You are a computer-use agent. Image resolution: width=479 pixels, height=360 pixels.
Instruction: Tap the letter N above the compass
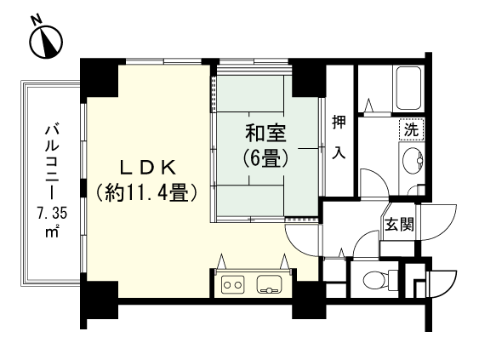click(34, 20)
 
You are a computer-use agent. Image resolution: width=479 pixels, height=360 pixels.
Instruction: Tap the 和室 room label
click(265, 134)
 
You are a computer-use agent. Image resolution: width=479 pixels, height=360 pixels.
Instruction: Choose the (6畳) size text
click(265, 157)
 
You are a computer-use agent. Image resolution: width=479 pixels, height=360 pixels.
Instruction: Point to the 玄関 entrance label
click(399, 226)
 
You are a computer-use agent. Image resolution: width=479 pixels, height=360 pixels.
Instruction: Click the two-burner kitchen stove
click(231, 285)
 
